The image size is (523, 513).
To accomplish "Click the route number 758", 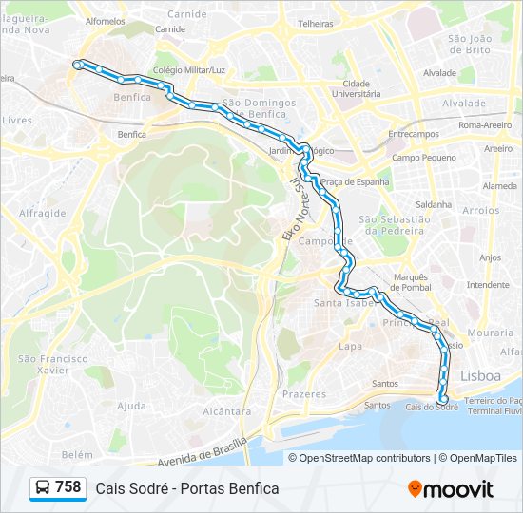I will (68, 487).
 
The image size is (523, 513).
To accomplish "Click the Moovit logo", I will (451, 489).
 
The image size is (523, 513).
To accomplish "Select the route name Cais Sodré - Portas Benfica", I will (187, 488).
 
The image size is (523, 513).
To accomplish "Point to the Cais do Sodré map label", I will (432, 407).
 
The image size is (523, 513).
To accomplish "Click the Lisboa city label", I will (479, 376).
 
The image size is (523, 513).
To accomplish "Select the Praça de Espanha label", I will (355, 181).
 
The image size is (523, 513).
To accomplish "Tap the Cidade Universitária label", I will (356, 88).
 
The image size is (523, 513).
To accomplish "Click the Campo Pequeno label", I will (417, 157).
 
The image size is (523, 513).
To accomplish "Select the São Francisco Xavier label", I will (52, 364).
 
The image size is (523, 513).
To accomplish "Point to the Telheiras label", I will (315, 23).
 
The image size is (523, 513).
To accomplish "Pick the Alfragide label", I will (42, 213).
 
